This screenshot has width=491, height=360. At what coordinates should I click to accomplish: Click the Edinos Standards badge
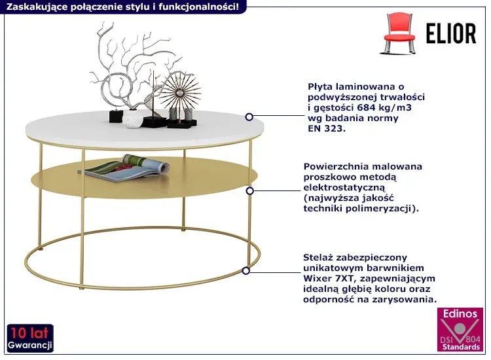(460, 332)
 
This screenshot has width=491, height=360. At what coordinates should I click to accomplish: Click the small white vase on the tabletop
(132, 120)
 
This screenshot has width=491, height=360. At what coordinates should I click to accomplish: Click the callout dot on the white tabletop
(249, 117)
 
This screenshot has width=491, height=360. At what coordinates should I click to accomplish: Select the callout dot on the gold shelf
(249, 190)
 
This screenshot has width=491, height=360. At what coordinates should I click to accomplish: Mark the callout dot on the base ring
(246, 270)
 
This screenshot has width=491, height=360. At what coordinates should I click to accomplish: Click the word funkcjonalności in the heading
(208, 7)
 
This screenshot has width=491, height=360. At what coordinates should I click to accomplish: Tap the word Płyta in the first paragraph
(321, 86)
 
